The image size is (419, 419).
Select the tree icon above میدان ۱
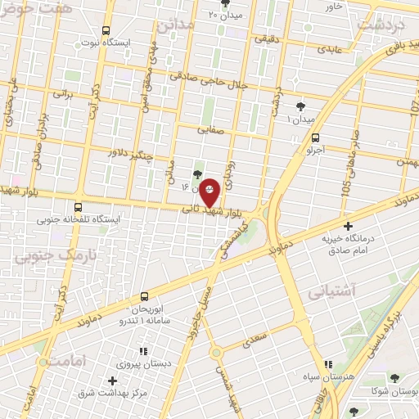[x=300, y=106]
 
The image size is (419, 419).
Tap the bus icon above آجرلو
[x=316, y=138]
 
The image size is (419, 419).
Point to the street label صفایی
[x=209, y=128]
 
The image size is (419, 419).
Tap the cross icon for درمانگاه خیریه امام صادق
[x=349, y=226]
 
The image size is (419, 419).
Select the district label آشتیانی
[x=332, y=290]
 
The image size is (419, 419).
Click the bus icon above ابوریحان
[x=145, y=295]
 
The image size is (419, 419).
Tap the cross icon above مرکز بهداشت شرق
[x=112, y=380]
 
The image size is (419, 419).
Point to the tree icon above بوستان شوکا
[x=395, y=377]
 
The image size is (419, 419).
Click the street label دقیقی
[x=267, y=38]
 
